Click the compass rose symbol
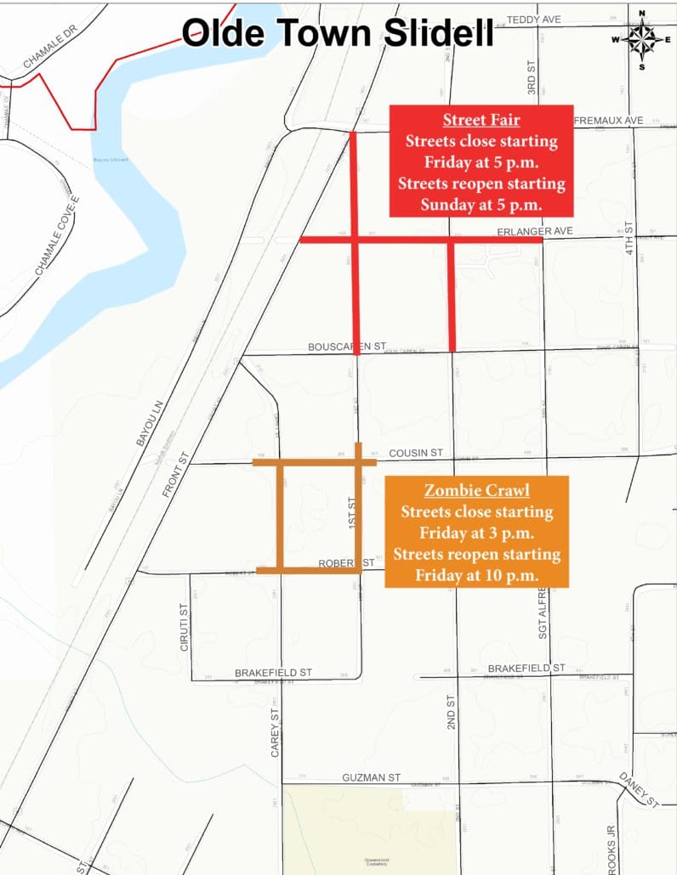(642, 39)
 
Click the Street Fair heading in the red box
(481, 119)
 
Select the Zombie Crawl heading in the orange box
(476, 491)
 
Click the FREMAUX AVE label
(609, 121)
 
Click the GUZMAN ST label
(371, 777)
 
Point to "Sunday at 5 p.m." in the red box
(481, 204)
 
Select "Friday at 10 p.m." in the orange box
(476, 575)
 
